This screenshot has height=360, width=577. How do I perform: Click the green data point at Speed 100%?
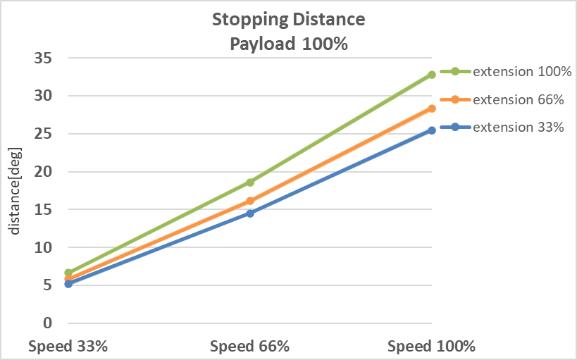click(432, 75)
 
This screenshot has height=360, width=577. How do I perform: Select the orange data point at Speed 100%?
click(432, 108)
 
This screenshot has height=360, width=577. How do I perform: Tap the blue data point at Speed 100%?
click(432, 130)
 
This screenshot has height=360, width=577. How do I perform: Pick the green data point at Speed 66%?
click(250, 182)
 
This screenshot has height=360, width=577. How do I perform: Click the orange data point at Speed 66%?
click(250, 201)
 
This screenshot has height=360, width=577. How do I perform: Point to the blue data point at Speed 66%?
click(250, 213)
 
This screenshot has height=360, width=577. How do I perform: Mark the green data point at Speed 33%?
click(68, 273)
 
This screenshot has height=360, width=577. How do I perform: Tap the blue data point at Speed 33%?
click(68, 284)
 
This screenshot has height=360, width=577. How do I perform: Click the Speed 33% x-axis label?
click(68, 347)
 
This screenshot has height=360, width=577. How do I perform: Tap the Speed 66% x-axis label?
click(250, 347)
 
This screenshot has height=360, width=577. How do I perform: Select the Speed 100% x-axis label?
click(432, 347)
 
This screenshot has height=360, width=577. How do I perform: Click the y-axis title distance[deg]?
click(15, 191)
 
